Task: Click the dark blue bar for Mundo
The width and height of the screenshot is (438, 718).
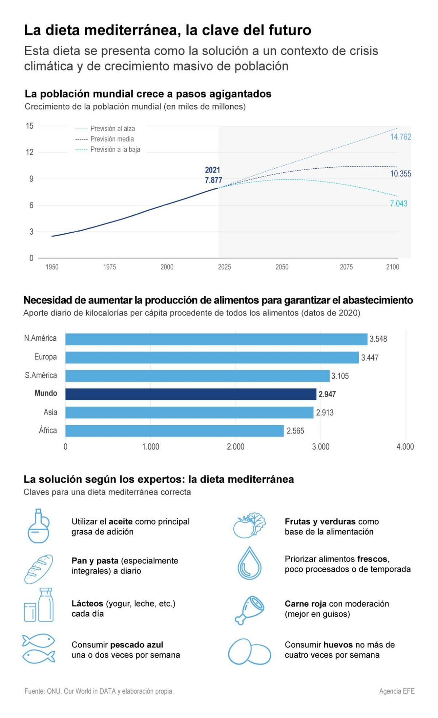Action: pos(191,394)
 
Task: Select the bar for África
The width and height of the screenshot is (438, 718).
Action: pos(174,431)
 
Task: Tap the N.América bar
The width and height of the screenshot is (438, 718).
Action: pos(216,339)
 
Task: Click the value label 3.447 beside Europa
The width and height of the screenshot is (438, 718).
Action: pos(370,358)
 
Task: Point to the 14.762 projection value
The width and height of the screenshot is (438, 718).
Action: pos(400,137)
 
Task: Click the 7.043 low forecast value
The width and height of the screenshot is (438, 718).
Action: pos(399,203)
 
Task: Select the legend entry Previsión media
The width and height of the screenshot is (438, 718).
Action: pos(112,139)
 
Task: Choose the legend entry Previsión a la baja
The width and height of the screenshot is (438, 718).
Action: pos(115,149)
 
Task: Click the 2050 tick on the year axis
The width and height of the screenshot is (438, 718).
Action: pos(282,267)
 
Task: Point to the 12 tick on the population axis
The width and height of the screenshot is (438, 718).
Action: pos(30,152)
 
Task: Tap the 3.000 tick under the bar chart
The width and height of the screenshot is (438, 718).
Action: pos(320,447)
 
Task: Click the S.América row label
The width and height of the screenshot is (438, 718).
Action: pos(41,375)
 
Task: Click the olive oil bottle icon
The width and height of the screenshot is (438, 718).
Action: pos(38,526)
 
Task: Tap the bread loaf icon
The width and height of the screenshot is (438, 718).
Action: pos(39,569)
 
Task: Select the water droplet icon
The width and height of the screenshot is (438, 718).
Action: pos(250,564)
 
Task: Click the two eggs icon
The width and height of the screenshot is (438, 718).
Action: pos(250,652)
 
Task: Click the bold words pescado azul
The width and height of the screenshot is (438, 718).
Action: pos(137,645)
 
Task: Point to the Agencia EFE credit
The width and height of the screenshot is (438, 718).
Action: pos(396,691)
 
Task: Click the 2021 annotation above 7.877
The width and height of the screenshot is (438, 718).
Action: pos(212,170)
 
